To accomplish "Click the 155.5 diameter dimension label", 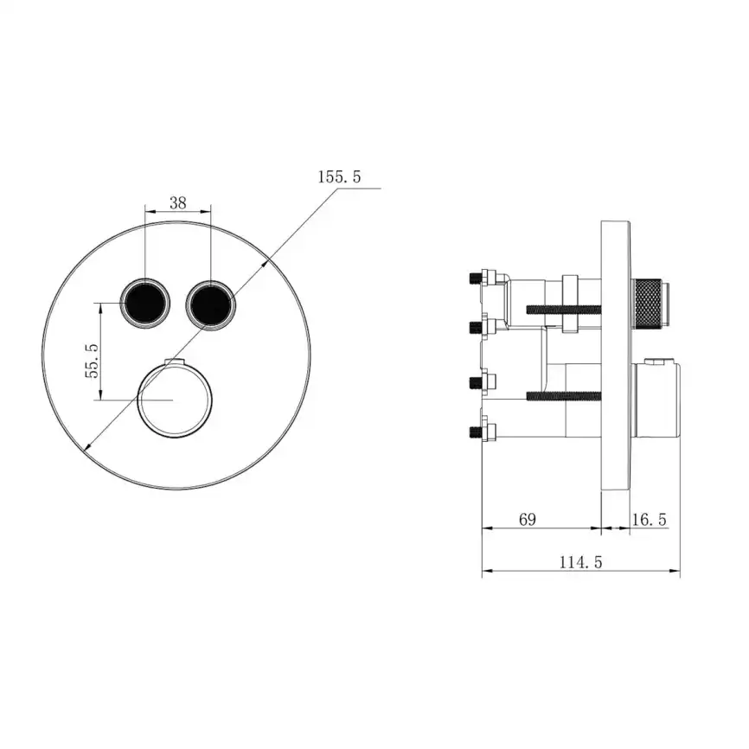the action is click(338, 177).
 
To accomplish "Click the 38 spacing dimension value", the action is click(177, 203).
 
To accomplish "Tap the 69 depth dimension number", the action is click(527, 519).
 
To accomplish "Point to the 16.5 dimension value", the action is click(649, 519).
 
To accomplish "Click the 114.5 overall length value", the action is click(579, 562).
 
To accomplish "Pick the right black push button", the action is click(209, 303).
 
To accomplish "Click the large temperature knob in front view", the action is click(174, 400).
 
